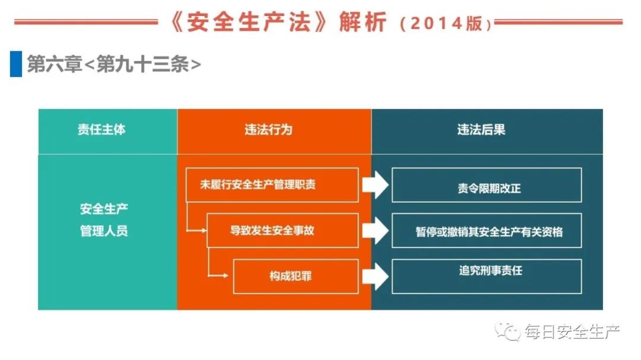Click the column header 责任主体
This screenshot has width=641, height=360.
pyautogui.click(x=101, y=129)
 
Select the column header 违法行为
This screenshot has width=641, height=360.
pyautogui.click(x=269, y=129)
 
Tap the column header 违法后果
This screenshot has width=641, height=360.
pyautogui.click(x=481, y=129)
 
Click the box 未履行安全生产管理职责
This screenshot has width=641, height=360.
pyautogui.click(x=272, y=184)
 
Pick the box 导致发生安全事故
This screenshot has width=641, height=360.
pyautogui.click(x=283, y=231)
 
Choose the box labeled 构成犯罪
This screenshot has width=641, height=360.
pyautogui.click(x=296, y=276)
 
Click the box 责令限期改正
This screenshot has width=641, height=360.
pyautogui.click(x=487, y=185)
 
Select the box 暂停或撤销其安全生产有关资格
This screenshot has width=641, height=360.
pyautogui.click(x=487, y=231)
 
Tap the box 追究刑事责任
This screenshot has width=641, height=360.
pyautogui.click(x=487, y=276)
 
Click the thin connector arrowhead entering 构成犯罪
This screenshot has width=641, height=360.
pyautogui.click(x=226, y=276)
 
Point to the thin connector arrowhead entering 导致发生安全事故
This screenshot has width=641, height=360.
pyautogui.click(x=204, y=231)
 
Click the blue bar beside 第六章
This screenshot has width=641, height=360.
pyautogui.click(x=16, y=63)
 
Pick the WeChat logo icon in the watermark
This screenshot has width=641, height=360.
pyautogui.click(x=507, y=330)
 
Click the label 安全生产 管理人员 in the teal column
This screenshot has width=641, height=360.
pyautogui.click(x=104, y=220)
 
